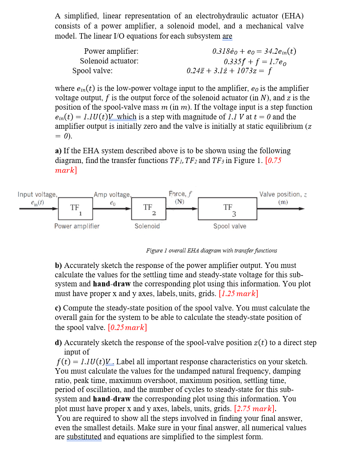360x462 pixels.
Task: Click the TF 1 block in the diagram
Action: click(x=75, y=209)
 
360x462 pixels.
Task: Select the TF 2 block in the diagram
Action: click(x=148, y=209)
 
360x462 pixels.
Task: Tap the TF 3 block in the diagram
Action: click(x=227, y=209)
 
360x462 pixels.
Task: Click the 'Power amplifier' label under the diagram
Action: click(x=77, y=226)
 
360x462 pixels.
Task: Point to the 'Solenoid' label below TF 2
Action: click(x=147, y=226)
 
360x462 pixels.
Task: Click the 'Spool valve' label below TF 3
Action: click(x=230, y=226)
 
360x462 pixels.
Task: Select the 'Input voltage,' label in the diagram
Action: click(x=37, y=194)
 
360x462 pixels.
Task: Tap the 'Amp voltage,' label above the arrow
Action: click(x=112, y=195)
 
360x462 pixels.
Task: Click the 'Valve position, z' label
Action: click(x=283, y=194)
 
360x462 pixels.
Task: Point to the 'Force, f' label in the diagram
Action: click(x=180, y=194)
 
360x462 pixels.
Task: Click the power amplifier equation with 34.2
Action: click(x=254, y=51)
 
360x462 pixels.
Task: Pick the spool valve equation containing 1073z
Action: click(x=229, y=71)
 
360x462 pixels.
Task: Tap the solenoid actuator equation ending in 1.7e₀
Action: click(x=255, y=61)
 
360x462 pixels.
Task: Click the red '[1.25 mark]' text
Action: click(x=238, y=294)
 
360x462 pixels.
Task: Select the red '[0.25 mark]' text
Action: click(x=127, y=327)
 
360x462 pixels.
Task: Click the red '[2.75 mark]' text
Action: click(x=254, y=409)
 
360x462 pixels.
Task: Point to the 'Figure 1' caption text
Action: click(x=212, y=250)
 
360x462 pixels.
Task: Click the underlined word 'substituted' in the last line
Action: click(x=84, y=437)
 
